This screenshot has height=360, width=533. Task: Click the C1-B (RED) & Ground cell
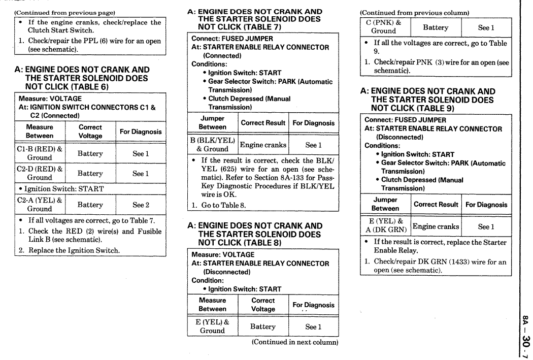[x=40, y=153]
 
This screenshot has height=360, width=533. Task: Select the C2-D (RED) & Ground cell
[x=40, y=173]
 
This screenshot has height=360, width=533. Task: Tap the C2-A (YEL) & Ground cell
[x=40, y=205]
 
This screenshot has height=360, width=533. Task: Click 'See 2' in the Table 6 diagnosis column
[x=139, y=205]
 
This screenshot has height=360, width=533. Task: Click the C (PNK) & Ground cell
[x=384, y=28]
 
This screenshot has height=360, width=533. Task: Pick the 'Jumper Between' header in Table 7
[x=213, y=122]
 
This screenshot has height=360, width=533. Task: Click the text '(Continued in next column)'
[x=294, y=343]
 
